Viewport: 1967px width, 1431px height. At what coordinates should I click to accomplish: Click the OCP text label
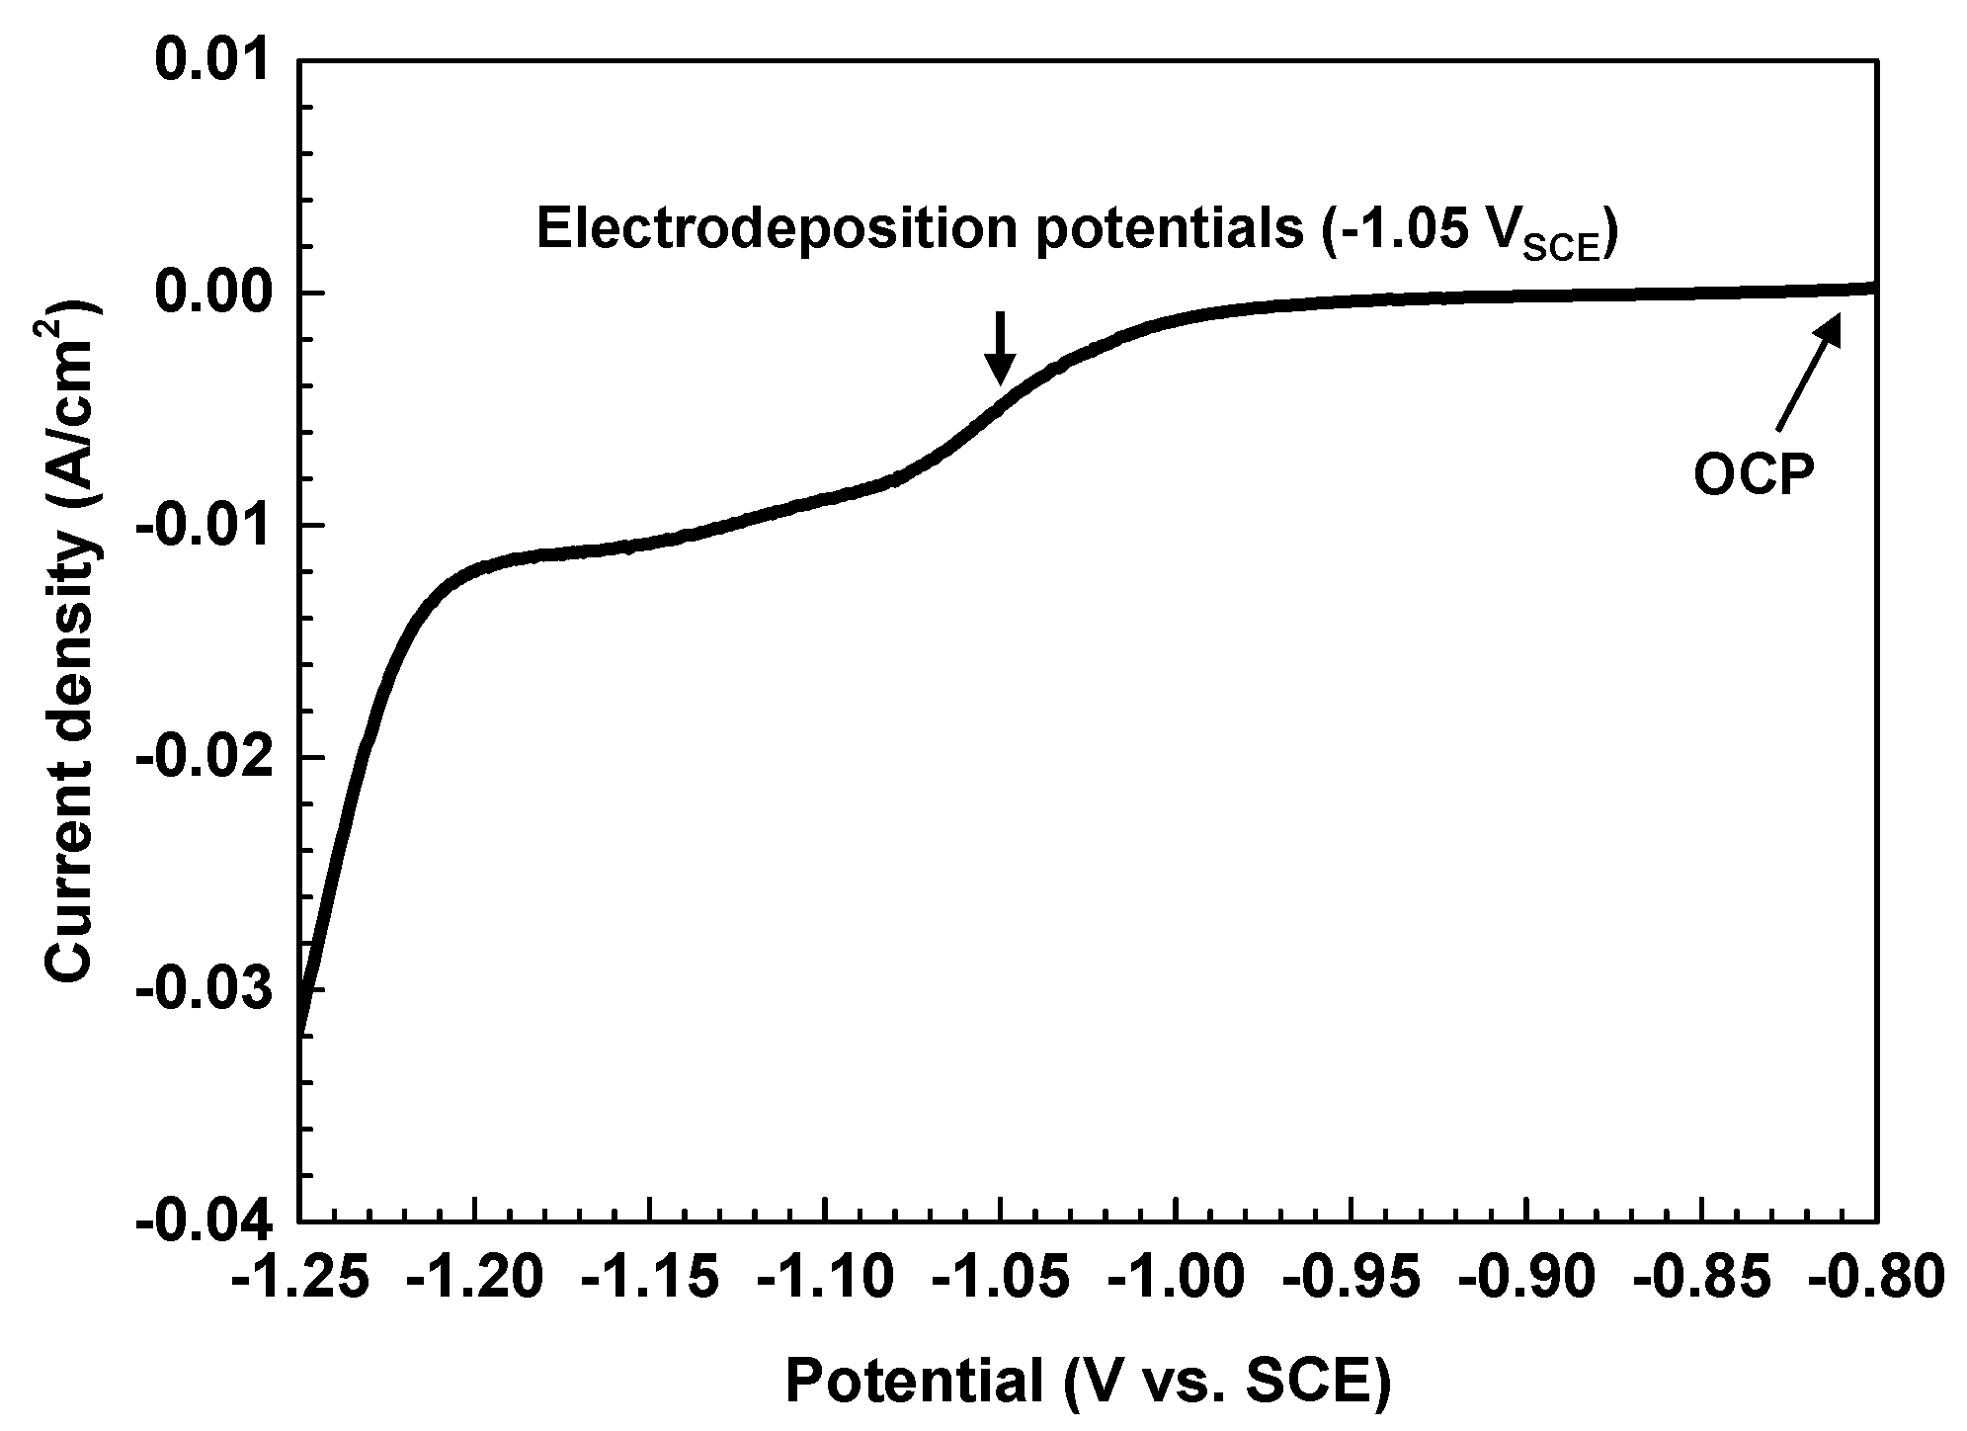coord(1755,476)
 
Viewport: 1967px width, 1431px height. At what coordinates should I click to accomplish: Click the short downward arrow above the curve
coord(1001,348)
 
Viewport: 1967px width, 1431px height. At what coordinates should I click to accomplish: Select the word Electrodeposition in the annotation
coord(776,229)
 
